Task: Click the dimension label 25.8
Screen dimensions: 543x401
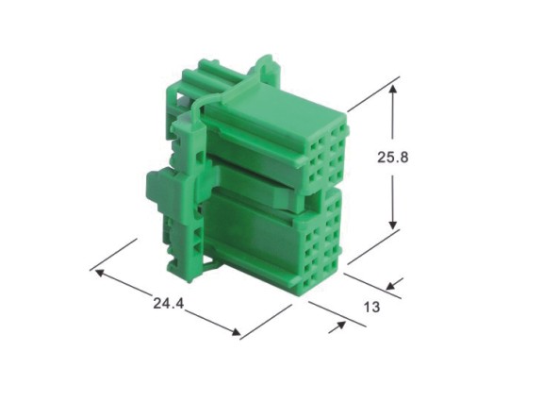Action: click(393, 158)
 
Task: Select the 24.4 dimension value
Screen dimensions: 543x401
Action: click(169, 304)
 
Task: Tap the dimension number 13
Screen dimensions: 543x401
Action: click(372, 307)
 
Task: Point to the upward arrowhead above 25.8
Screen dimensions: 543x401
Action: click(392, 89)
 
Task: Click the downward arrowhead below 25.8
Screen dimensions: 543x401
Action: click(392, 225)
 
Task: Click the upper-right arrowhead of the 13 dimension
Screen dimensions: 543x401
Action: click(391, 286)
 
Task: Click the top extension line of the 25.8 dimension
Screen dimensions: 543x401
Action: click(373, 94)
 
